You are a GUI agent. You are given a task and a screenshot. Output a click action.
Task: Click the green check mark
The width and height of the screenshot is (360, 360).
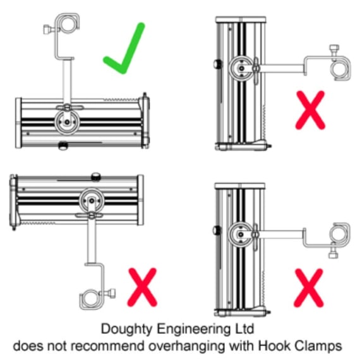[x=124, y=49]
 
